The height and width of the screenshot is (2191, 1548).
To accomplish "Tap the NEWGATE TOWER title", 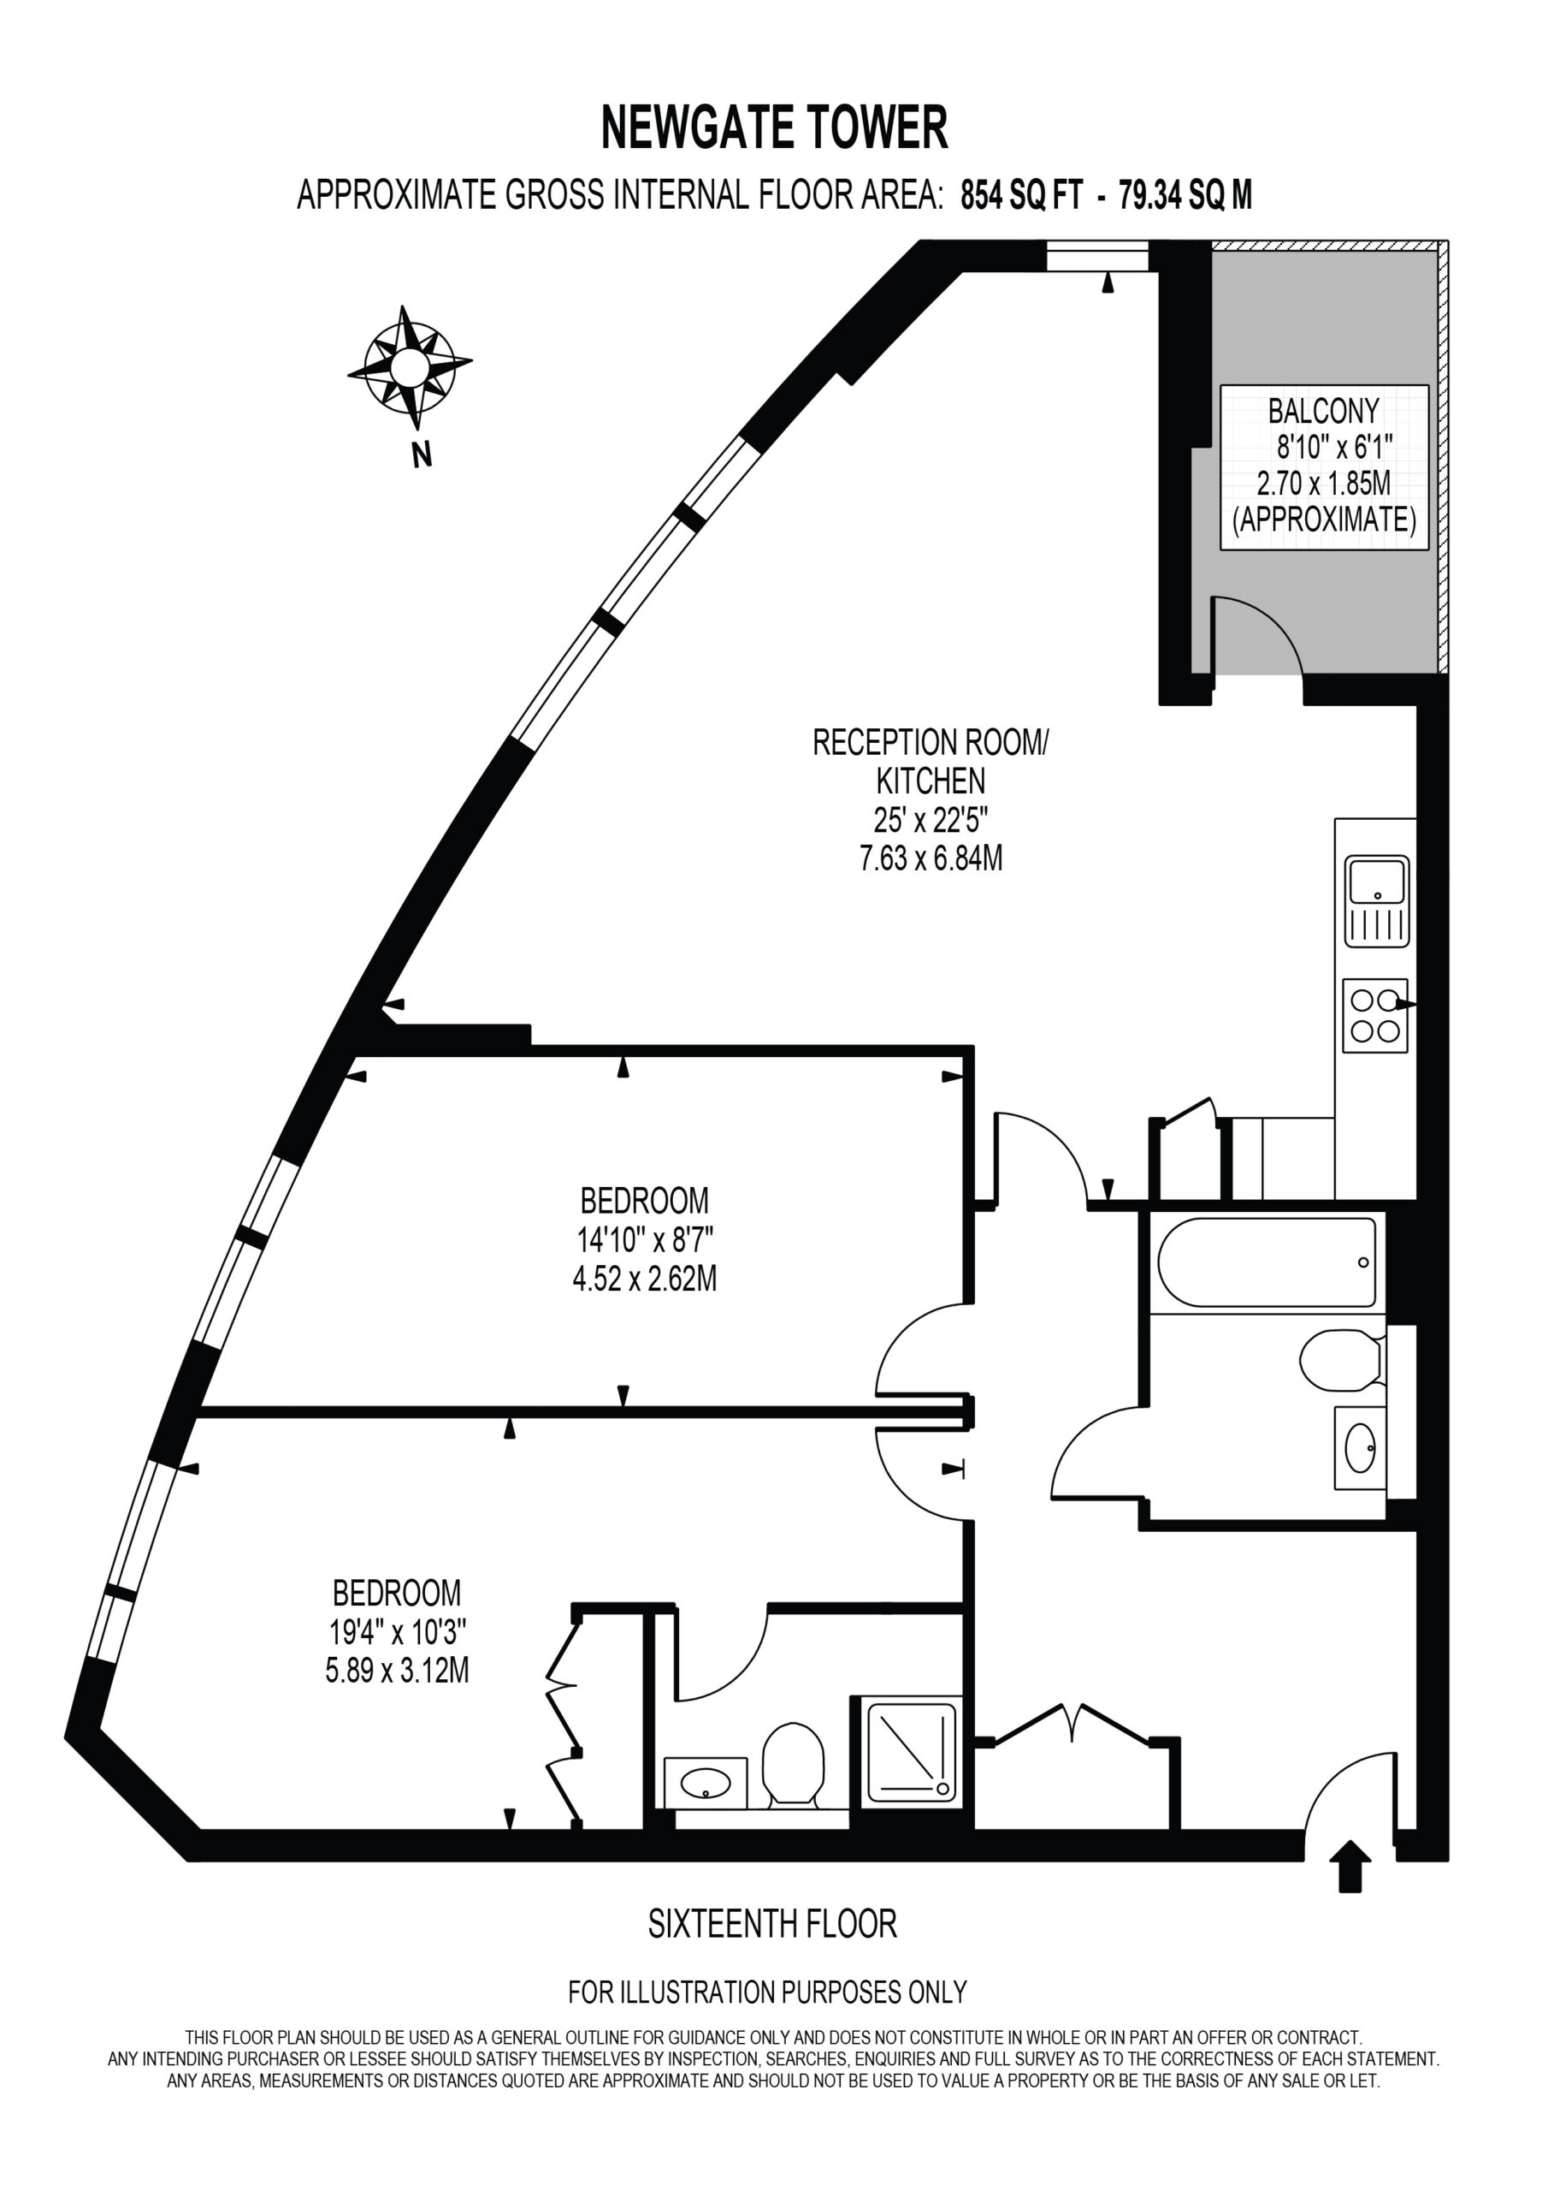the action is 775,128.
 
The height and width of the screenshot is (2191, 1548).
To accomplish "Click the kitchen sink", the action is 1377,901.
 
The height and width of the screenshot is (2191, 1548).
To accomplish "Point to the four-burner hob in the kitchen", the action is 1375,1016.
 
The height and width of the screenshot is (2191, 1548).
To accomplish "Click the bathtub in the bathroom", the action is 1267,1262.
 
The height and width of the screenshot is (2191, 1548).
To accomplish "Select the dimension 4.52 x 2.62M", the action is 645,1279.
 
